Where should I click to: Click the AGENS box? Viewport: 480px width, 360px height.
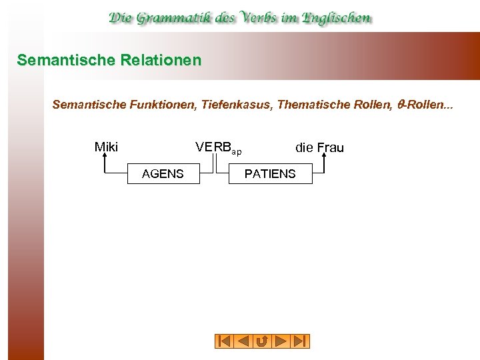[163, 174]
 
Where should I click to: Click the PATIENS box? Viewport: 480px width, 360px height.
[270, 174]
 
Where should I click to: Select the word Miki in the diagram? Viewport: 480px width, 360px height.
[106, 147]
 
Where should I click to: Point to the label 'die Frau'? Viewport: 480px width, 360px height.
[319, 147]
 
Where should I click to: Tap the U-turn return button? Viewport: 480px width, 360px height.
[262, 341]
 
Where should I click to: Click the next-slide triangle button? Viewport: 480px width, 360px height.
[281, 341]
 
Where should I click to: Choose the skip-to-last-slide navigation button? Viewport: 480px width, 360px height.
[301, 341]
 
